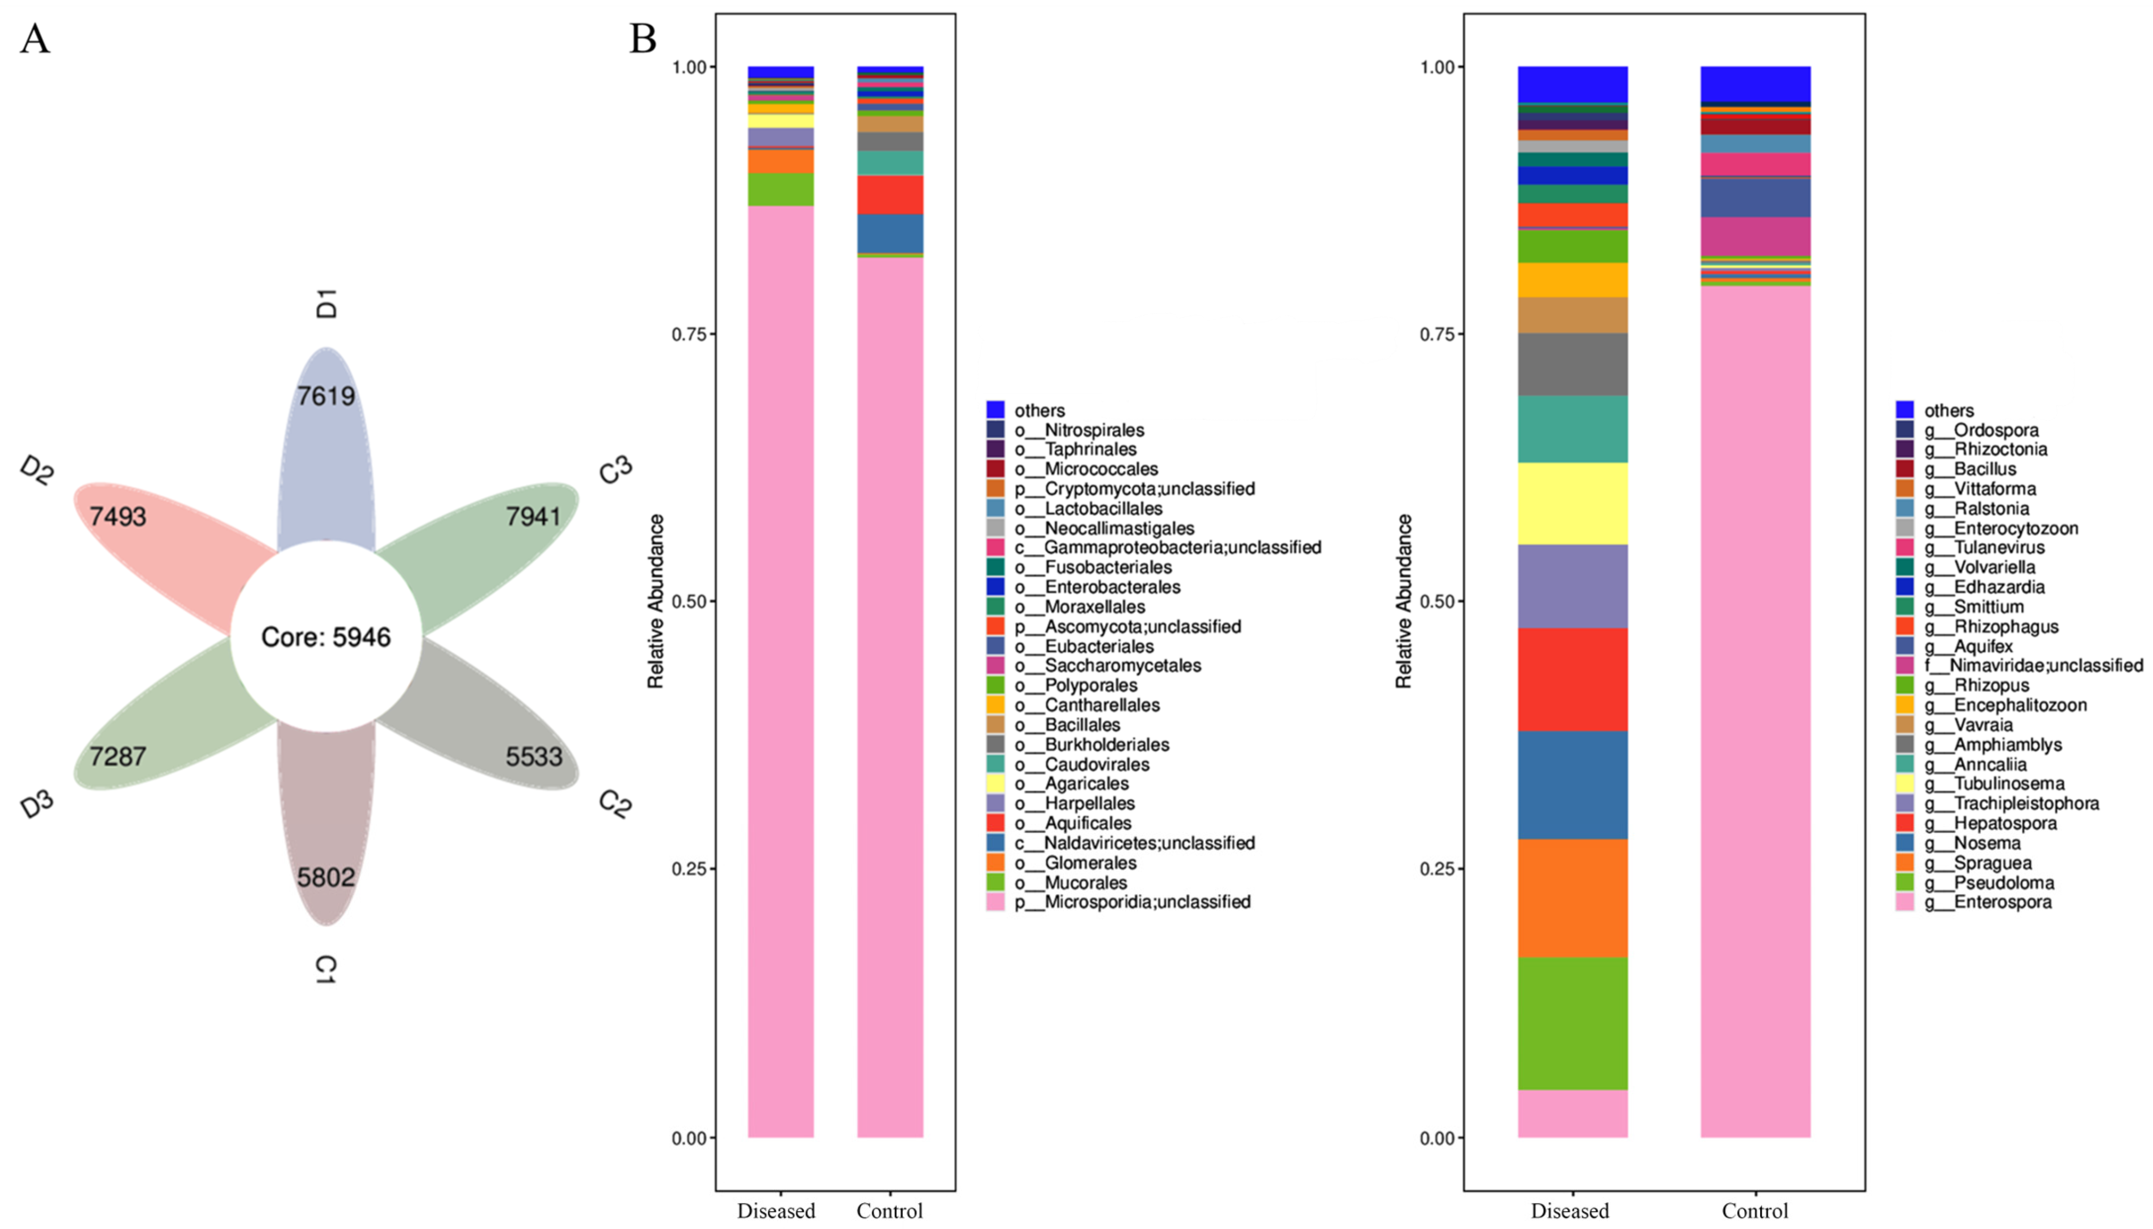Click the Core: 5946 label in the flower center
(326, 636)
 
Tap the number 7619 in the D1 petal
(326, 396)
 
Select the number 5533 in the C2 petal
(533, 756)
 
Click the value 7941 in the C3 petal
(533, 516)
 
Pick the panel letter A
(35, 39)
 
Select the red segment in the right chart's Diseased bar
(1572, 679)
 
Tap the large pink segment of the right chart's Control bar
(1755, 709)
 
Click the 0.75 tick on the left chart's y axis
(689, 334)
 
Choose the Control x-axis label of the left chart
(889, 1211)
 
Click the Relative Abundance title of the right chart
(1403, 601)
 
